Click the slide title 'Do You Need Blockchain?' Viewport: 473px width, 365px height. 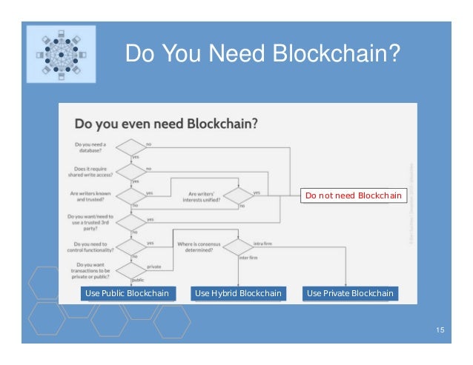tap(262, 54)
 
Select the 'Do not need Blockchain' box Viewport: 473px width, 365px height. tap(353, 195)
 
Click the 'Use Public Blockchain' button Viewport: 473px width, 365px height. tap(127, 293)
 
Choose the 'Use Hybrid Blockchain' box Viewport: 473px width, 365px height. tap(238, 293)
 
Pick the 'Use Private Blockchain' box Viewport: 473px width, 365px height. tap(350, 293)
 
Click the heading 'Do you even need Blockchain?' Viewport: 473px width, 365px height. tap(167, 123)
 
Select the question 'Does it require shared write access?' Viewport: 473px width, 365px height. tap(92, 172)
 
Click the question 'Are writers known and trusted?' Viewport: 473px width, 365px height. tap(92, 196)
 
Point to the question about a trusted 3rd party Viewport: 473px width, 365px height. tap(92, 222)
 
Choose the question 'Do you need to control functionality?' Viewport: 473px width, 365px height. tap(92, 246)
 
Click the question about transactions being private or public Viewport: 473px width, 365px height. tap(92, 271)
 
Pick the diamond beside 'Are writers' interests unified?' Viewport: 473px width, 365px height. tap(238, 196)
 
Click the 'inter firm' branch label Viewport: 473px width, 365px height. tap(248, 258)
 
